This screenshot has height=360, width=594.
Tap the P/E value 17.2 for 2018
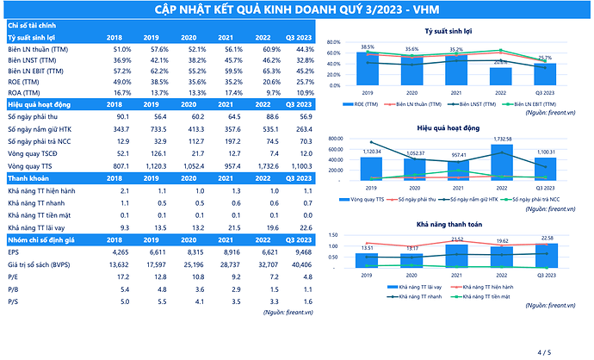[x=122, y=278]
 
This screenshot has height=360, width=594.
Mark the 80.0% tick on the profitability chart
[x=336, y=41]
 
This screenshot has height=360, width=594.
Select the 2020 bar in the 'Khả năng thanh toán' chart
[x=411, y=258]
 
